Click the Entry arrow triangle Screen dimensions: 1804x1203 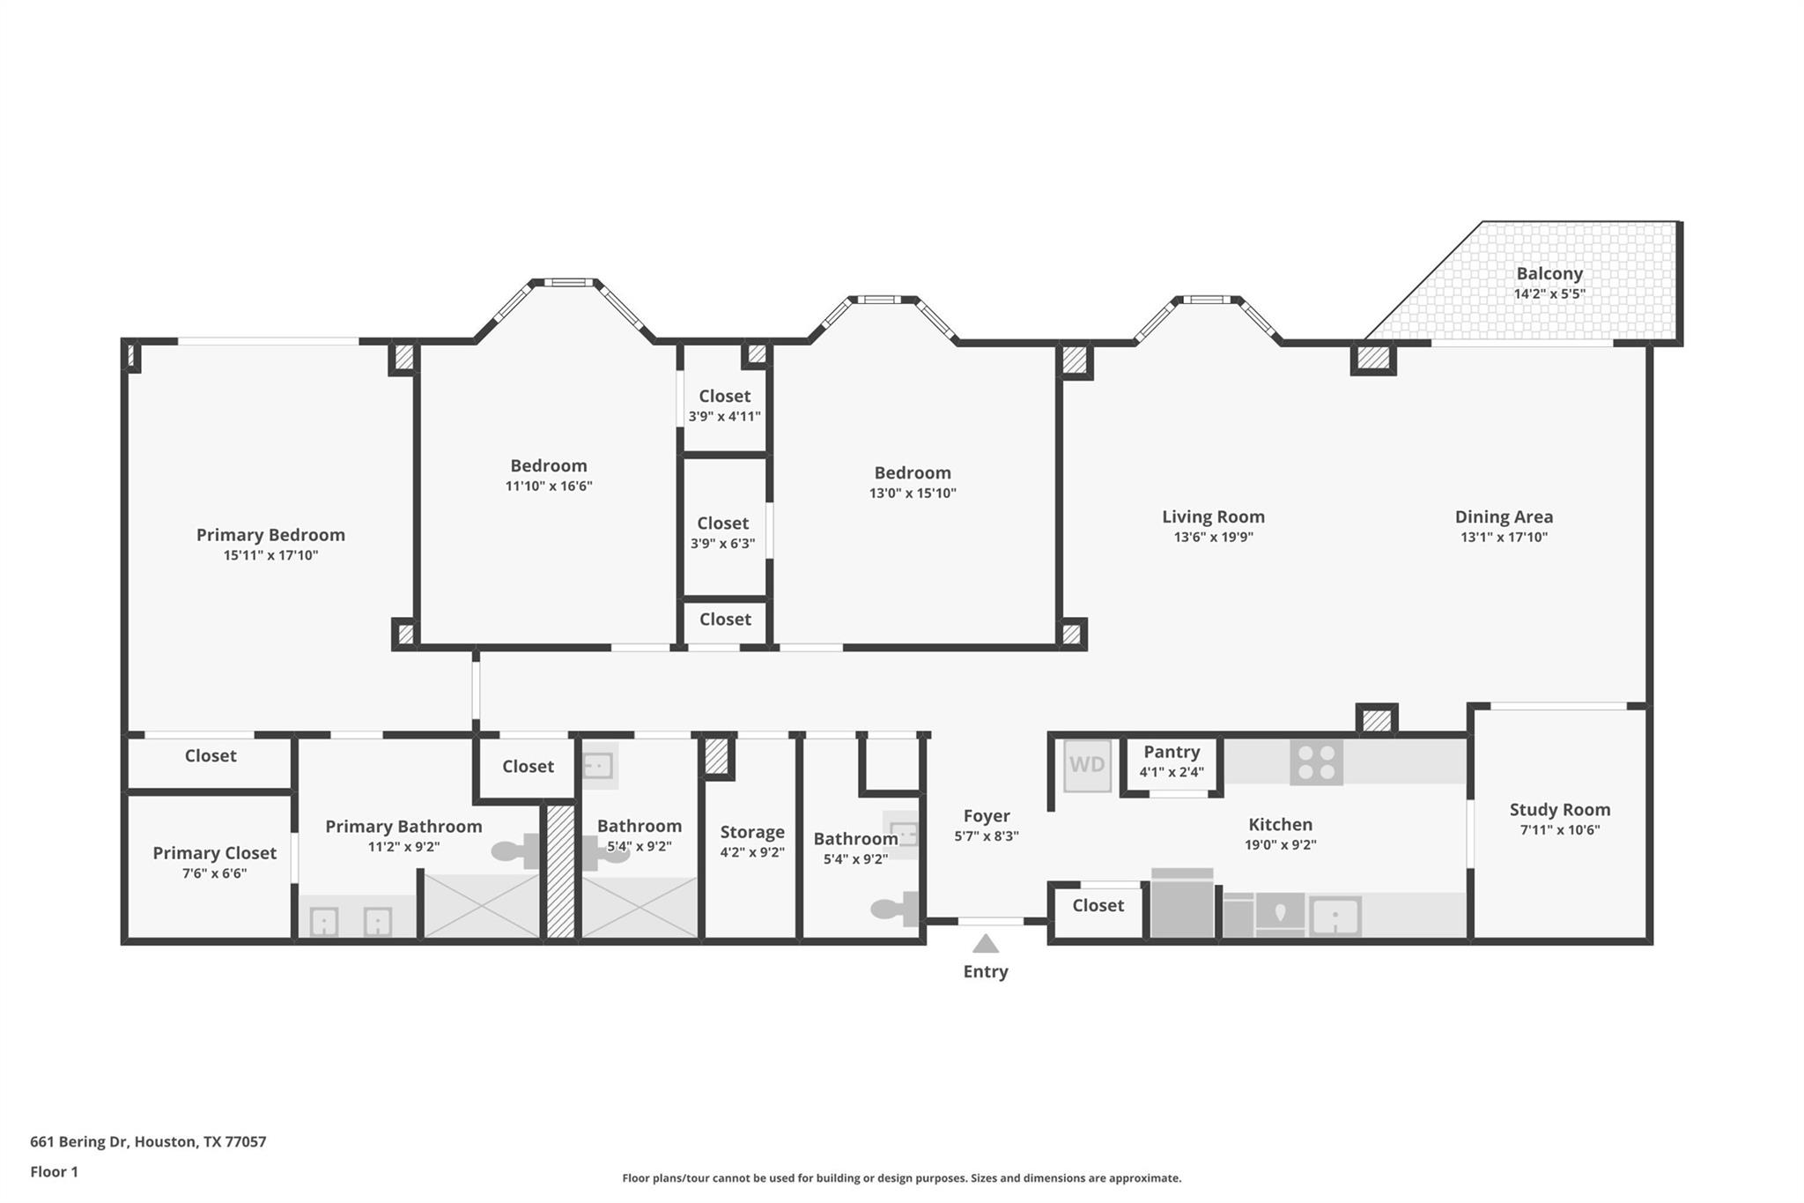point(986,944)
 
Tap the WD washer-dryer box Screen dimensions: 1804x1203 point(1087,765)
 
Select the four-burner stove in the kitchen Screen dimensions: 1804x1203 point(1316,761)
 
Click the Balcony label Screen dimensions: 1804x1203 point(1549,273)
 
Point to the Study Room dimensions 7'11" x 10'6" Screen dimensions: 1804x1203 point(1560,829)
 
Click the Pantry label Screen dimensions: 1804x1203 point(1172,752)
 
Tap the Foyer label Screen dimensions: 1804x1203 point(987,816)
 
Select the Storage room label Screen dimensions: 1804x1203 point(752,832)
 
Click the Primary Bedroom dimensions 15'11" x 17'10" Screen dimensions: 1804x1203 point(270,555)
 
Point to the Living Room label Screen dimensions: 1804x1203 point(1213,516)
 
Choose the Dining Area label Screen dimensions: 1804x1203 point(1504,516)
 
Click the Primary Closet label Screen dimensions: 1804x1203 point(214,853)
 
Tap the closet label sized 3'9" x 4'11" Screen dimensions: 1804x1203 point(725,397)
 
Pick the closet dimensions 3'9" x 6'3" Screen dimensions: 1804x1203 point(723,544)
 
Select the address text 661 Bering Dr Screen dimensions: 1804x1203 point(79,1141)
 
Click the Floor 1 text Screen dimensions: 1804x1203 point(54,1171)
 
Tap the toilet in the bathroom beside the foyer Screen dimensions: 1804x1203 point(895,909)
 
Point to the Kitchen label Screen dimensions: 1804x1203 point(1280,824)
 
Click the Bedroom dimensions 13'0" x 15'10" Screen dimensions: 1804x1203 point(913,494)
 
